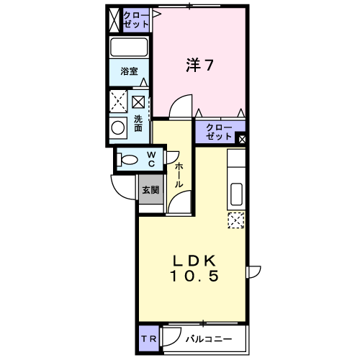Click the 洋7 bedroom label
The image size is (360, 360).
[199, 65]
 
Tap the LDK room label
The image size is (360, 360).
[194, 261]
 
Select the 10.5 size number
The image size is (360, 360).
[194, 276]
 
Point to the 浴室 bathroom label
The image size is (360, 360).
[129, 71]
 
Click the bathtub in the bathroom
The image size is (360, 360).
[129, 47]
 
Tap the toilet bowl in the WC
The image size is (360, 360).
[127, 159]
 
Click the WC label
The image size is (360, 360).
[151, 159]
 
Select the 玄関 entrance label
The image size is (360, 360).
[150, 190]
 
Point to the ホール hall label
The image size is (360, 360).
[179, 175]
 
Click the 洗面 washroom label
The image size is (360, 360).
[138, 123]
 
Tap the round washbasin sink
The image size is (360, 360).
[118, 127]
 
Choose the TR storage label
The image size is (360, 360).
[148, 339]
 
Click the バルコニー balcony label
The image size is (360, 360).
[209, 339]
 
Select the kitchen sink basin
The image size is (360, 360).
[236, 194]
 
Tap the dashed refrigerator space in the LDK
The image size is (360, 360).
[236, 220]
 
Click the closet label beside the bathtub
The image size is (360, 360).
[136, 19]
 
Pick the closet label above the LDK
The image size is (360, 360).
[219, 132]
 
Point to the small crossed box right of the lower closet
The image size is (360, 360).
[242, 139]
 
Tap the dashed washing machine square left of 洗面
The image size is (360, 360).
[118, 102]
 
